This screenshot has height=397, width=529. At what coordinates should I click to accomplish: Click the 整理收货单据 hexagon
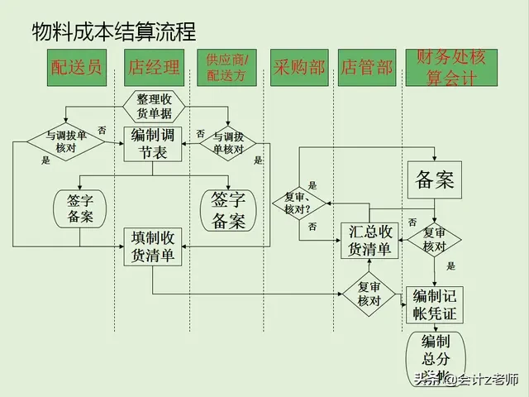click(x=154, y=106)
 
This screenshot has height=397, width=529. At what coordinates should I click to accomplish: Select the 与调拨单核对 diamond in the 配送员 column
click(x=65, y=141)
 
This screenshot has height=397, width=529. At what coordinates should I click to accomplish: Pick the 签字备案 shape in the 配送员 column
click(x=80, y=208)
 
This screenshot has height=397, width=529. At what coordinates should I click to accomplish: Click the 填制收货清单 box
click(x=154, y=246)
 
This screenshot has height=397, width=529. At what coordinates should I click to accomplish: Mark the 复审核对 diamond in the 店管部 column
click(x=369, y=294)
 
